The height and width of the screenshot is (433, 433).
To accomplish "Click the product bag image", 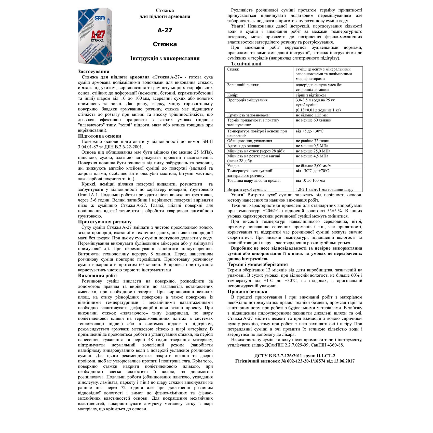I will (x=95, y=36).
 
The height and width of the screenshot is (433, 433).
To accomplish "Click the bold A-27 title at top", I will (x=165, y=30).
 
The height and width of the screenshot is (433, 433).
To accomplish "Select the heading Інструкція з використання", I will (x=165, y=58).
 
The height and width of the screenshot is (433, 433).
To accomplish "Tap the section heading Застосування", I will (x=93, y=72).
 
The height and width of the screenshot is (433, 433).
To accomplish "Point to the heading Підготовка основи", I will (x=100, y=136).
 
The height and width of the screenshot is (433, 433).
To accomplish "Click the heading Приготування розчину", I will (x=105, y=222).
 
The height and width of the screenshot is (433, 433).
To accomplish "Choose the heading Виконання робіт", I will (x=98, y=276).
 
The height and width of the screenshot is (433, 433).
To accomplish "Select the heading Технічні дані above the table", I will (x=246, y=64).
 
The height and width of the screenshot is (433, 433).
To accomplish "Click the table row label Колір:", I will (x=233, y=95).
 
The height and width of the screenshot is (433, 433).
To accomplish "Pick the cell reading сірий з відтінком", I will (x=311, y=95).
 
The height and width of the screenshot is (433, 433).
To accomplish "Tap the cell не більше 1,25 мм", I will (x=312, y=115).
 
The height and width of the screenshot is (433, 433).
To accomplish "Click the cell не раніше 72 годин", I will (x=313, y=141).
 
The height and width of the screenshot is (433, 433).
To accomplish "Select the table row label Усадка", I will (x=233, y=166).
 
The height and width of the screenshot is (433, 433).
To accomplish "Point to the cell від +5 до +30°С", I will (x=310, y=131).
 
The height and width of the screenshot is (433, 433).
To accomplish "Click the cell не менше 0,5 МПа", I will (x=312, y=146).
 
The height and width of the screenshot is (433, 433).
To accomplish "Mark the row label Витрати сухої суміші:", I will (x=247, y=190).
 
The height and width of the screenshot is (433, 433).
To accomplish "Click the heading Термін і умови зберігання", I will (x=258, y=264).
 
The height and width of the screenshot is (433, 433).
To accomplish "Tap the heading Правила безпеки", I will (x=247, y=292).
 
